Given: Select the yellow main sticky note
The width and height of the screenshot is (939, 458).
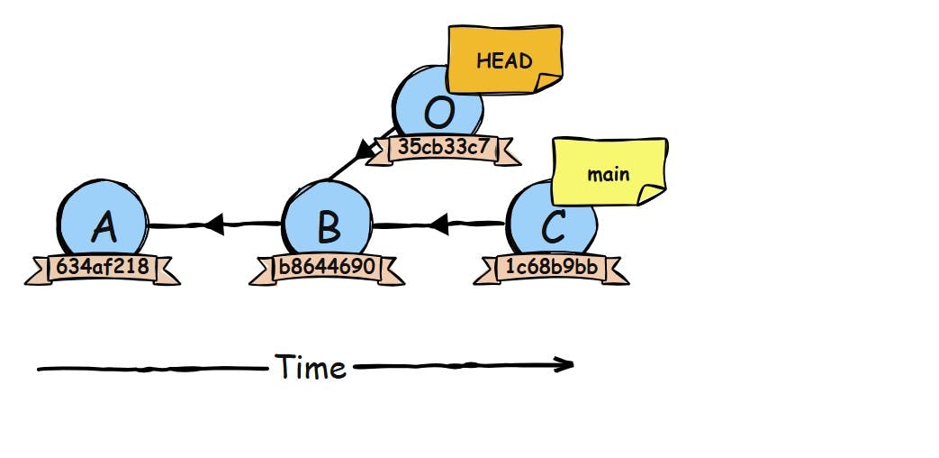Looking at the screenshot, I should pos(609,171).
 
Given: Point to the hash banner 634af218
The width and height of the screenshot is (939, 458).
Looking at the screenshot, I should pos(103,268).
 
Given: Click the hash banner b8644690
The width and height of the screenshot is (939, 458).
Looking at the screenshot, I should pos(328,268).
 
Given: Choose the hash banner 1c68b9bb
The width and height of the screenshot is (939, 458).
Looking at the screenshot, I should pos(551,268).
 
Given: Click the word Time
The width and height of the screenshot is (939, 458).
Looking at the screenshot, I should pos(311,367).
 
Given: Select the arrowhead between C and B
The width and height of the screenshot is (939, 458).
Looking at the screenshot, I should pos(438,224).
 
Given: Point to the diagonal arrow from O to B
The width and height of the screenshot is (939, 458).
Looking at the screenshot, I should pos(351,164).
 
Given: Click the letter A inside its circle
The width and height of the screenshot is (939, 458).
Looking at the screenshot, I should pos(104,228).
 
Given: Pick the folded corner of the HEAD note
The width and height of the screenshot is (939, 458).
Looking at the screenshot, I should pos(547,82).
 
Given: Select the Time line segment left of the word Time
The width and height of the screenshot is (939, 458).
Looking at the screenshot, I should pos(153,369).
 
